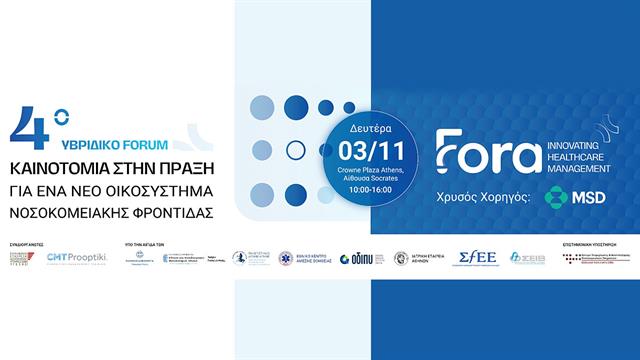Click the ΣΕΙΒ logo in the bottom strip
tap(527, 258)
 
